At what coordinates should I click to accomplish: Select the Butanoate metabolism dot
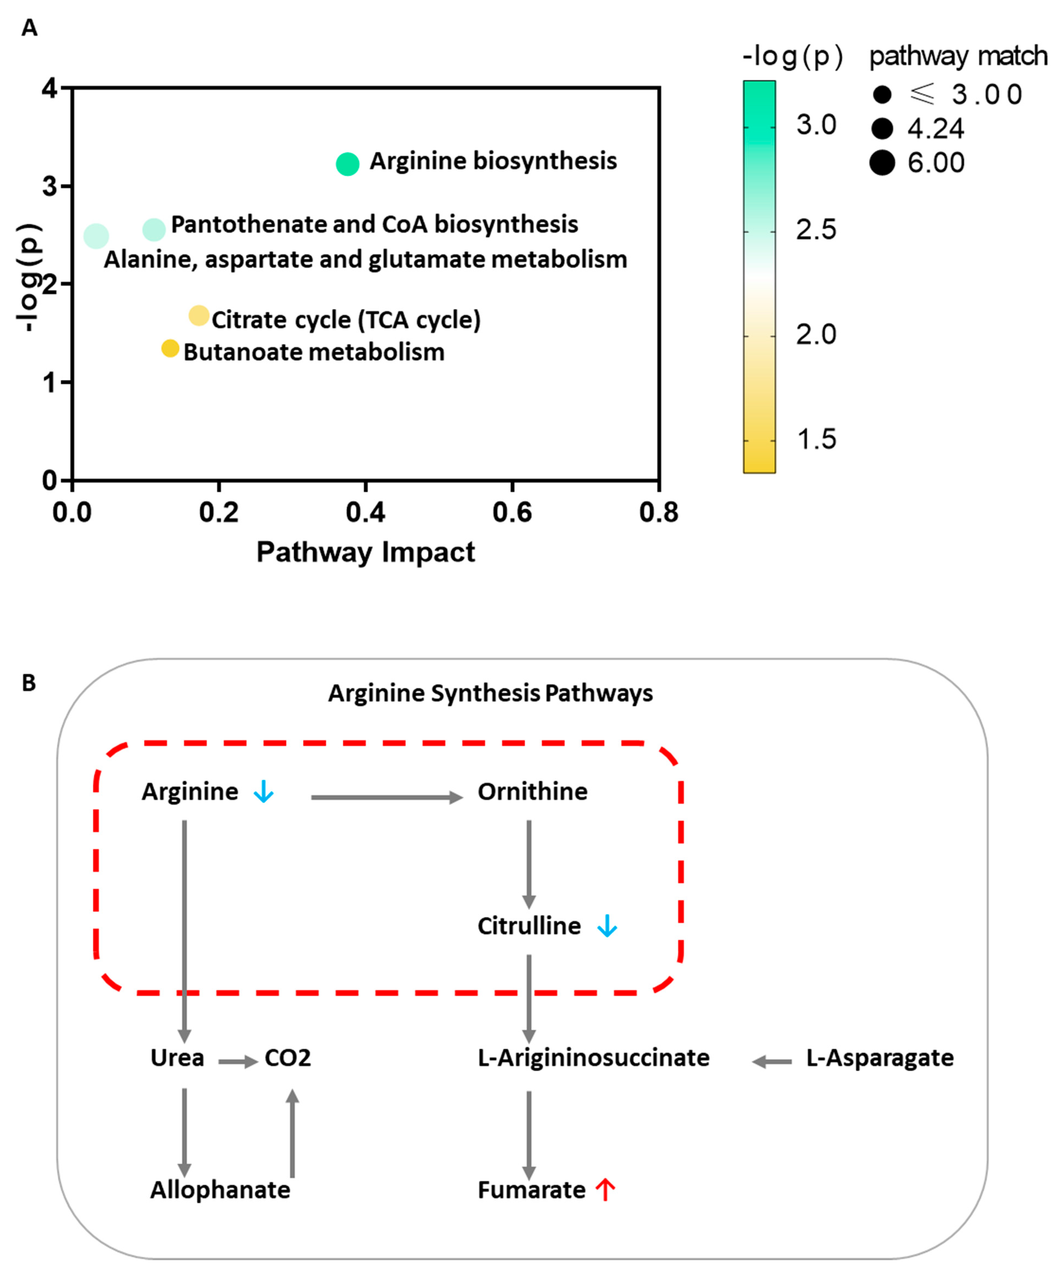(x=171, y=348)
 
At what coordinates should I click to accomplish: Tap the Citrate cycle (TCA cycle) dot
(x=199, y=316)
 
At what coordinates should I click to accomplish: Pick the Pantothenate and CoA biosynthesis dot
(x=154, y=229)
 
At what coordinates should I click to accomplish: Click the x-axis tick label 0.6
(x=512, y=513)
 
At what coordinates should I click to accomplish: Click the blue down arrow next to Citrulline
(x=607, y=926)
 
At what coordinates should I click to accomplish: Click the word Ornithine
(x=532, y=792)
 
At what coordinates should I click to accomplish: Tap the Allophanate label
(x=220, y=1190)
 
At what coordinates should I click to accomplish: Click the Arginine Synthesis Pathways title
(x=490, y=693)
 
